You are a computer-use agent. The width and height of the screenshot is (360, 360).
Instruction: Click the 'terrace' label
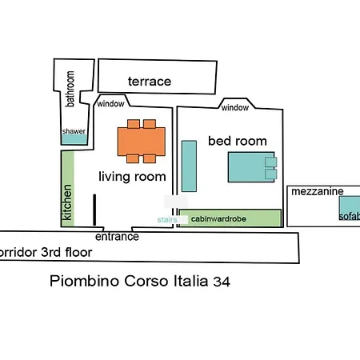click(x=150, y=82)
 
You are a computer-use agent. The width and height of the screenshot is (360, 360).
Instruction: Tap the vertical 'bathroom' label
click(x=70, y=89)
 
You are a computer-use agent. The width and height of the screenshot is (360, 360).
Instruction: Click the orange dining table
click(x=142, y=141)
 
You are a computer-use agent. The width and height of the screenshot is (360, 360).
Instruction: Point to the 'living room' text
click(x=132, y=177)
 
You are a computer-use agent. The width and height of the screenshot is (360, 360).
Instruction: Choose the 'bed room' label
click(x=237, y=141)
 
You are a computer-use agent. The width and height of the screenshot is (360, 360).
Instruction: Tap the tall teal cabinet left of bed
click(x=190, y=166)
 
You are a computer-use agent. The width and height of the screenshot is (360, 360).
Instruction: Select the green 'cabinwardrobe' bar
click(x=230, y=218)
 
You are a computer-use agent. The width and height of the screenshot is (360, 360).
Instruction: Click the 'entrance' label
click(x=117, y=237)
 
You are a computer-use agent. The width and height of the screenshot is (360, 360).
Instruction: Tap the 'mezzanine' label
click(x=318, y=192)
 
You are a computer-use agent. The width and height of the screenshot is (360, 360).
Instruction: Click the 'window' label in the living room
click(x=110, y=104)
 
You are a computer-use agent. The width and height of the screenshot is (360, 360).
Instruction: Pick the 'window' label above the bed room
click(x=234, y=108)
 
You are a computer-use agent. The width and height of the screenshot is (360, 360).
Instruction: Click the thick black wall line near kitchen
click(x=94, y=209)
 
